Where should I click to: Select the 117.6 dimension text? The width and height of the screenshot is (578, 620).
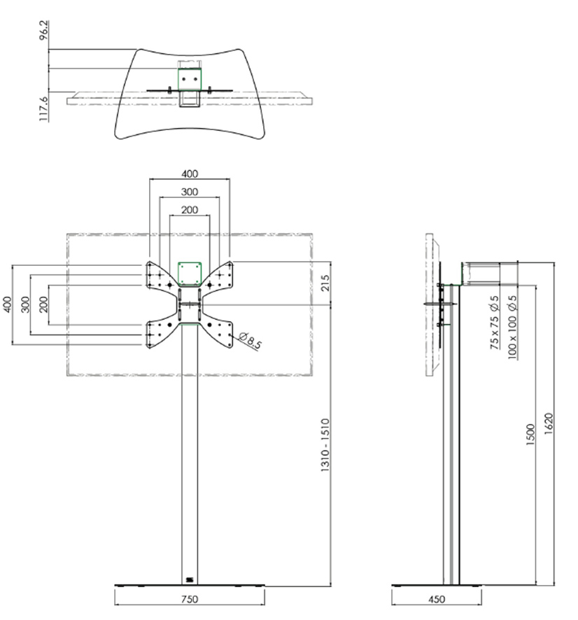pos(44,108)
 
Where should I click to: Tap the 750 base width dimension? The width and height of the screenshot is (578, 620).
pos(190,599)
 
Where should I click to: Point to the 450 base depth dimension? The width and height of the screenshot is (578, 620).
pos(436,599)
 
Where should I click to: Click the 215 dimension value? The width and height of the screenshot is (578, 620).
pos(325,283)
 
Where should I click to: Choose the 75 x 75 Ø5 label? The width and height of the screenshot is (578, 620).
pos(495,323)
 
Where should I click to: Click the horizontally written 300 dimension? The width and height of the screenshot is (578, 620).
pos(190,192)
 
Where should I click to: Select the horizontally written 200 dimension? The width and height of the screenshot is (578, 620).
pos(190,210)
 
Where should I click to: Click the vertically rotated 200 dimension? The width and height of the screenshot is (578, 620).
pos(43,304)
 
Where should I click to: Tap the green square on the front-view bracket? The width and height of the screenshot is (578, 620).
pos(190,272)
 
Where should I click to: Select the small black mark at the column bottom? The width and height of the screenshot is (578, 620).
pos(189,579)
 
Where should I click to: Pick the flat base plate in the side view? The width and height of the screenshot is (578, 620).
pos(437,584)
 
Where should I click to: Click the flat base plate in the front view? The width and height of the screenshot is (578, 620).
pos(190,584)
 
